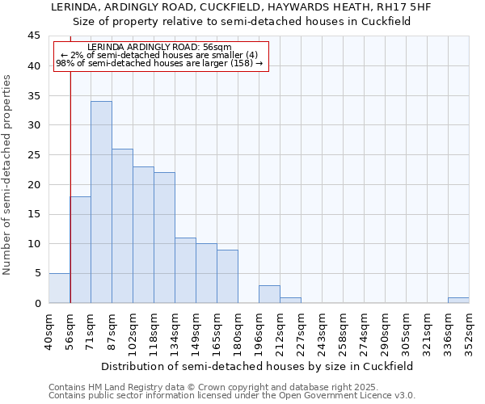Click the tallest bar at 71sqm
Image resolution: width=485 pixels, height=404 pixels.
101,202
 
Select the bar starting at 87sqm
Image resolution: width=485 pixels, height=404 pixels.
122,226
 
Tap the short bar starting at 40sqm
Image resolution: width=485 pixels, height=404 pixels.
59,288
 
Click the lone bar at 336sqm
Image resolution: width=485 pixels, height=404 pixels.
458,300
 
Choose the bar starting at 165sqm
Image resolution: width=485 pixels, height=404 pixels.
227,276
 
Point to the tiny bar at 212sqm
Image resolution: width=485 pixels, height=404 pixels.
290,300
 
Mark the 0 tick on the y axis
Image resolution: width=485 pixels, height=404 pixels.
37,303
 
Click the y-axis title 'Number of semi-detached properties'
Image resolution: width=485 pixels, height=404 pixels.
8,175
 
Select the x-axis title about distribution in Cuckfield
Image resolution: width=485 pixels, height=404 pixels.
256,366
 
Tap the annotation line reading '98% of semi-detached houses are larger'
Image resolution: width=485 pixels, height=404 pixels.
159,63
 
